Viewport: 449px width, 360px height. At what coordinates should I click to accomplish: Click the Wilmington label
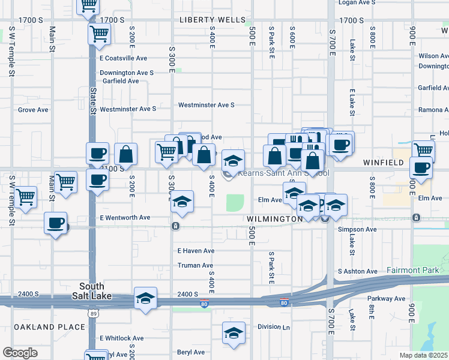point(275,220)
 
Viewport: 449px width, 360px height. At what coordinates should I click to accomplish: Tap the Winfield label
point(383,163)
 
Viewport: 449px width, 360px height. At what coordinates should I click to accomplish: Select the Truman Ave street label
point(195,265)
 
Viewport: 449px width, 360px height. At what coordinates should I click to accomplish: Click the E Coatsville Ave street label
point(123,58)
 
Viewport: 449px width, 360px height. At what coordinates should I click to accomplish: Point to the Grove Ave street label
point(33,110)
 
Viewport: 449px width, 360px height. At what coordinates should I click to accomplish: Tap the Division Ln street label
point(273,327)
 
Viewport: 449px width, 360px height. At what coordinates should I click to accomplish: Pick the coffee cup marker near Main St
point(56,224)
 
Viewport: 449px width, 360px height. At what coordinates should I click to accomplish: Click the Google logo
point(20,353)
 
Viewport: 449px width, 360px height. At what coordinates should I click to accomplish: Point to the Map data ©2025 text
point(423,355)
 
